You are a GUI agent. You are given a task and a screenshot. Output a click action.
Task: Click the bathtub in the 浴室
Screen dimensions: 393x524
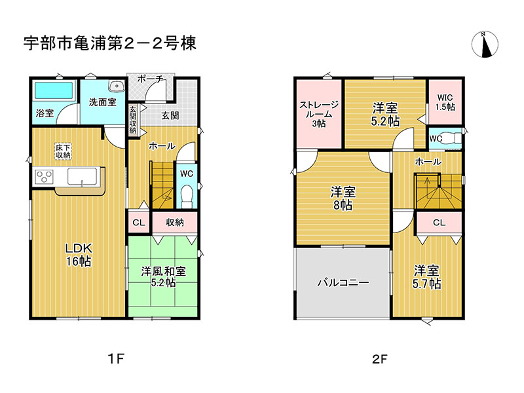pyautogui.click(x=54, y=90)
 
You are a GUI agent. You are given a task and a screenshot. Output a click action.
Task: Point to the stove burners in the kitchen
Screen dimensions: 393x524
pyautogui.click(x=44, y=176)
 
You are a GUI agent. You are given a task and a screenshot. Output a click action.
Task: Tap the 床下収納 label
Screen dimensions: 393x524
pyautogui.click(x=63, y=151)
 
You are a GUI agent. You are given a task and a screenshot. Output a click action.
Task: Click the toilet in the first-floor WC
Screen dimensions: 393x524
pyautogui.click(x=186, y=195)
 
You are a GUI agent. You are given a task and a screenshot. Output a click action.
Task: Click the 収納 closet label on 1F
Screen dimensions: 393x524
pyautogui.click(x=174, y=222)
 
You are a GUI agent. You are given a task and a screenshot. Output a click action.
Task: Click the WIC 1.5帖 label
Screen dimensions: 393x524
pyautogui.click(x=445, y=102)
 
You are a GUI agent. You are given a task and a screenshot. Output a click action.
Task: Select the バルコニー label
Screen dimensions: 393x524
pyautogui.click(x=343, y=283)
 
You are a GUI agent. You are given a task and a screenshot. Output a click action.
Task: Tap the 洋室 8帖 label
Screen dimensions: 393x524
pyautogui.click(x=343, y=198)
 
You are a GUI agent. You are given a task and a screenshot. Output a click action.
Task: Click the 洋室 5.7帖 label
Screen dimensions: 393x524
pyautogui.click(x=426, y=276)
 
